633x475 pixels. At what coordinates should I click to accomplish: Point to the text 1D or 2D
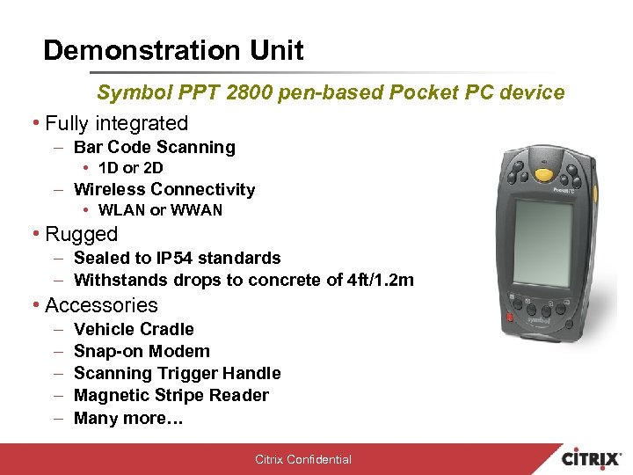coord(131,167)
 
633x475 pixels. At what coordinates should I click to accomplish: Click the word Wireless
coord(109,189)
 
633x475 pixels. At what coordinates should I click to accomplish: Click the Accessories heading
coord(101,305)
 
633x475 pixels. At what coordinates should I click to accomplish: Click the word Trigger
coord(190,373)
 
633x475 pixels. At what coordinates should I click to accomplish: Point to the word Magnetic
coord(112,395)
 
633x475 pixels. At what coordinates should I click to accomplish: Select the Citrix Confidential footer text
coord(303,459)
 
